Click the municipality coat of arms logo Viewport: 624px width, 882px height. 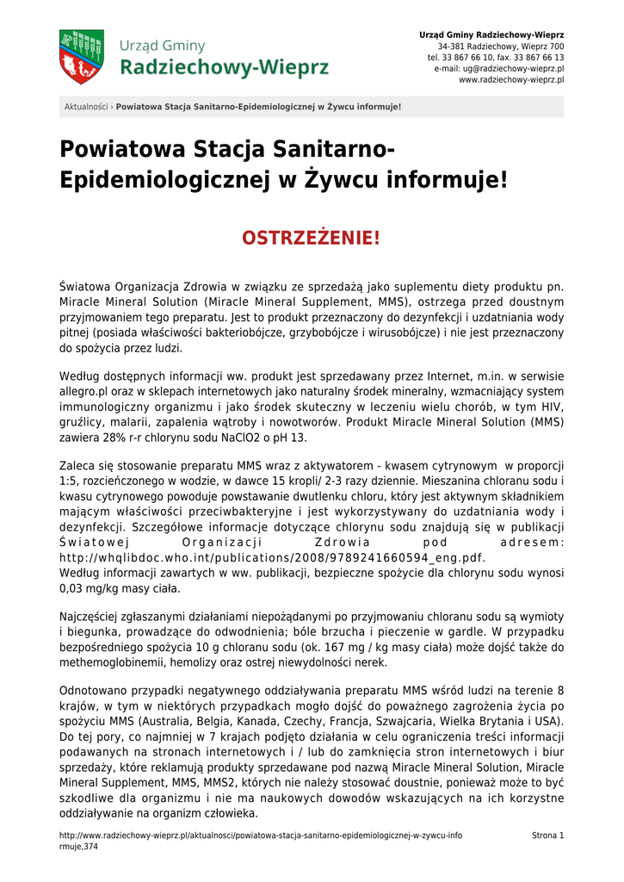pyautogui.click(x=81, y=57)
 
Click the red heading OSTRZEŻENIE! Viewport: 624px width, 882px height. pyautogui.click(x=312, y=237)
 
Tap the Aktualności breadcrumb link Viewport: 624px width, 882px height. pyautogui.click(x=86, y=107)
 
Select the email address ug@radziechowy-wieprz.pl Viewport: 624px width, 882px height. pyautogui.click(x=513, y=68)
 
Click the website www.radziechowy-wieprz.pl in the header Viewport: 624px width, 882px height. pyautogui.click(x=511, y=79)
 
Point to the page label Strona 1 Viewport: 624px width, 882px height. pyautogui.click(x=548, y=835)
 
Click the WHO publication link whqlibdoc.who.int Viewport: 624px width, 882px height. pyautogui.click(x=272, y=557)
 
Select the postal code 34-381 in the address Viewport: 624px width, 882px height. pyautogui.click(x=453, y=46)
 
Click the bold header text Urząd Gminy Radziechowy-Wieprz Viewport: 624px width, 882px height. pyautogui.click(x=491, y=34)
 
